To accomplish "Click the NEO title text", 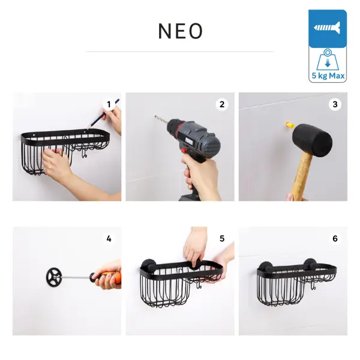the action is click(x=181, y=31).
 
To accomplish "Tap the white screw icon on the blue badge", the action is click(x=327, y=28).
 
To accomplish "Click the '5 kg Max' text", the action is click(x=328, y=76).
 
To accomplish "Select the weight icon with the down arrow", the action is click(x=328, y=59).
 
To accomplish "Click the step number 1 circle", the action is click(x=109, y=104).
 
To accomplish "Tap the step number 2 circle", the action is click(x=222, y=104).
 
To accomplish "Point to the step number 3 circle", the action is click(x=335, y=104).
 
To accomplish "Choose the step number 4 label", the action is click(x=109, y=239).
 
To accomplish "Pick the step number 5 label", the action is click(x=222, y=239).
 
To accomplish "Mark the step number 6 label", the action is click(x=335, y=239).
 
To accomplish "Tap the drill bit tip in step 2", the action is click(x=155, y=116).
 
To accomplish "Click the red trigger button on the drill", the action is click(x=184, y=151).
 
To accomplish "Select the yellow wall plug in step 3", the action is click(x=290, y=125).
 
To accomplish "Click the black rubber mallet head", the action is click(x=312, y=139).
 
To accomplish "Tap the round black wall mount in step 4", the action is click(x=54, y=277).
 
